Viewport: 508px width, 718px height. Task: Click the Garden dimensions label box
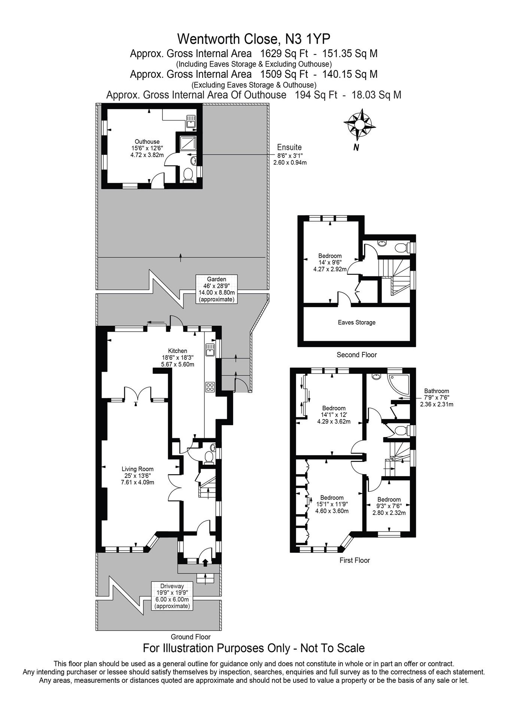pyautogui.click(x=216, y=289)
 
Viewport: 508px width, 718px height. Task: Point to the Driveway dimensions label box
pyautogui.click(x=172, y=596)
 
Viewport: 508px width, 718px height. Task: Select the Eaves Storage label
pyautogui.click(x=356, y=322)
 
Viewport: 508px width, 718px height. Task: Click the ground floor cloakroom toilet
pyautogui.click(x=209, y=457)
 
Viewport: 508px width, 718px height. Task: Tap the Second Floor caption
pyautogui.click(x=356, y=355)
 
